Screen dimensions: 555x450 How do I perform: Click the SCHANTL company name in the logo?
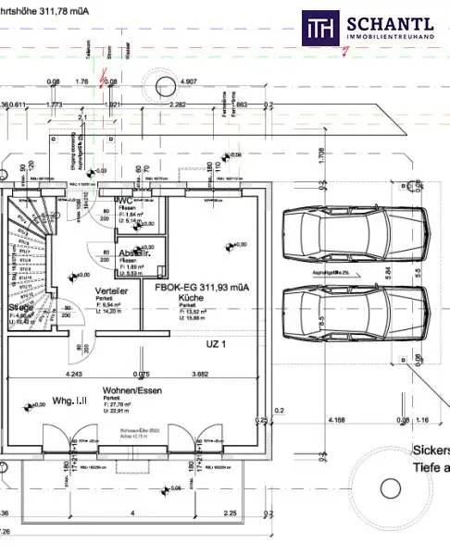tap(390, 21)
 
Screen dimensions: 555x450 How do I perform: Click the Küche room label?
tap(193, 302)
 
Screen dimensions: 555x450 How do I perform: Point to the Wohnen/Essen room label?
tap(126, 390)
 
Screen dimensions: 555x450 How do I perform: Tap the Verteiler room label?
tap(111, 290)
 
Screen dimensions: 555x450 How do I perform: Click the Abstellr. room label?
tap(135, 253)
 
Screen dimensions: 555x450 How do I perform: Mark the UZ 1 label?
tap(216, 343)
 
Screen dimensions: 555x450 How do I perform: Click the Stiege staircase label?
tap(21, 308)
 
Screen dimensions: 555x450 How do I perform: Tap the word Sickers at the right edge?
tap(431, 451)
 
